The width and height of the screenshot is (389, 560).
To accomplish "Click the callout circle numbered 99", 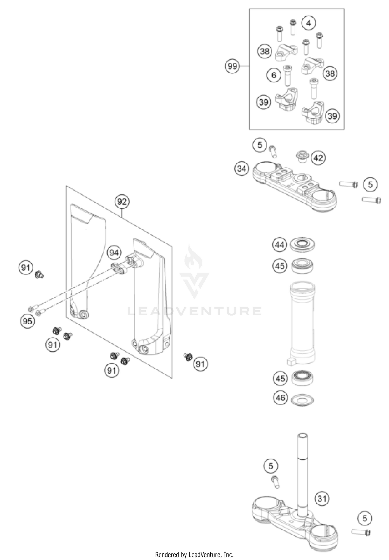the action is point(232,66).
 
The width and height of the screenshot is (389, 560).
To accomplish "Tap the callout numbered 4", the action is point(308,23).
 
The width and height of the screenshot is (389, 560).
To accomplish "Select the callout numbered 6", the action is point(274,75).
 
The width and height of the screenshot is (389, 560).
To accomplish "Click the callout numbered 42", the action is point(318,158).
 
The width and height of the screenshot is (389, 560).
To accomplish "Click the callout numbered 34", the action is point(241,168).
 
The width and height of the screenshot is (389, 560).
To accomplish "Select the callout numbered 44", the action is point(280,245).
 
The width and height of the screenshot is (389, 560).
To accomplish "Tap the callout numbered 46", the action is point(281,398).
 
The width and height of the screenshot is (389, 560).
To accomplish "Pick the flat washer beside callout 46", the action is point(302,400).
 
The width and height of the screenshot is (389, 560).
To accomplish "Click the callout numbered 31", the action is point(322,498).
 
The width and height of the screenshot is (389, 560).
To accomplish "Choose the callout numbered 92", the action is point(122,202).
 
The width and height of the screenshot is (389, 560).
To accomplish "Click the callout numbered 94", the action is point(114,252).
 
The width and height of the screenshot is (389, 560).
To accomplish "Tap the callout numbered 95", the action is point(27,321).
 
